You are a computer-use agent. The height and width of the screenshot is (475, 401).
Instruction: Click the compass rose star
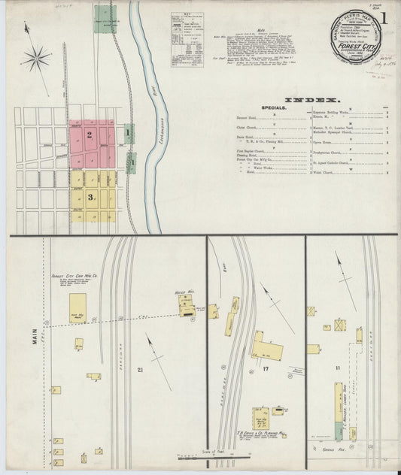[x=35, y=57]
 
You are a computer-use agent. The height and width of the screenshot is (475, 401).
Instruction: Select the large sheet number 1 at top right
[x=384, y=19]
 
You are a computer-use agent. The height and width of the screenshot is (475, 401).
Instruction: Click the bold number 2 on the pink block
[x=89, y=135]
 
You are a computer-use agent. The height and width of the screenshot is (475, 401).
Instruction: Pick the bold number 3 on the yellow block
[x=90, y=197]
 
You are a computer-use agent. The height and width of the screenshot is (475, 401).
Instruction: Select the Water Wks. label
[x=184, y=291]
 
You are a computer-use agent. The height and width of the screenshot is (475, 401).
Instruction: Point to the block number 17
[x=266, y=371]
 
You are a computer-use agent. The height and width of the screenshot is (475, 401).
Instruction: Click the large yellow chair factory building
[x=77, y=308]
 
